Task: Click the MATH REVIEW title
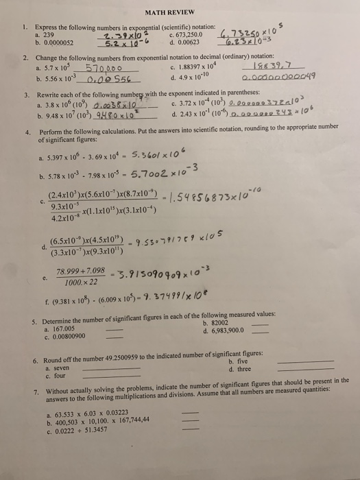coord(180,10)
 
